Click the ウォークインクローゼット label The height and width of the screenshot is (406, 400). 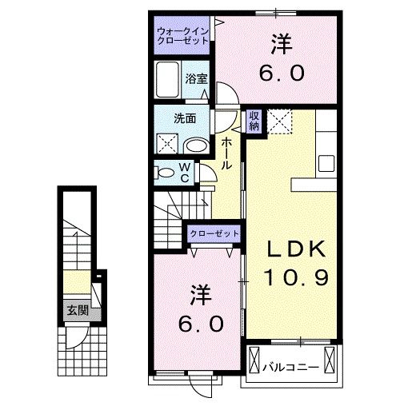[x=182, y=35]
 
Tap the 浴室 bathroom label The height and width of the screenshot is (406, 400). [x=197, y=78]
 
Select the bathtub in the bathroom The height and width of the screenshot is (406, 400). [x=169, y=80]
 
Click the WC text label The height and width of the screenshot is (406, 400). [x=184, y=172]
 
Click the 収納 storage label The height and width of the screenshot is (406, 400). [x=254, y=121]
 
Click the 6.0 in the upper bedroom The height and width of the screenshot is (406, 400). [x=281, y=73]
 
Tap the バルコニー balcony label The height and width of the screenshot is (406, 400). [x=292, y=368]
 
